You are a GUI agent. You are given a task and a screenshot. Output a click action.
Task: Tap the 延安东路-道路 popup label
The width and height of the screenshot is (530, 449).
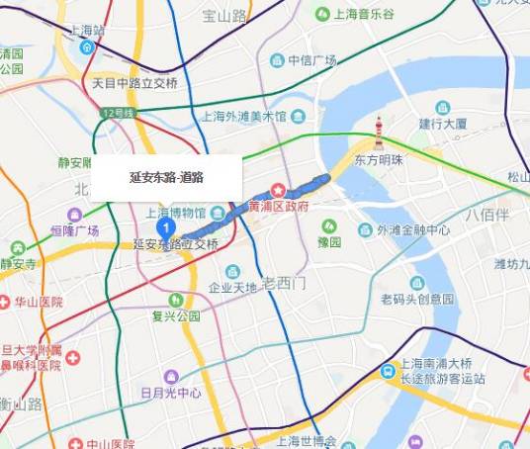pos(166,178)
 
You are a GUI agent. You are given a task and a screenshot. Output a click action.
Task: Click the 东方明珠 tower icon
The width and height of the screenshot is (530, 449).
pos(379,135)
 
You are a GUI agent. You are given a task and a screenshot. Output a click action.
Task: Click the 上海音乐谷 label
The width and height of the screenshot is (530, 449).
pos(361,14)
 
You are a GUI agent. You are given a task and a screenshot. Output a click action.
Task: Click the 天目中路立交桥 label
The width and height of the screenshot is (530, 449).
pos(134,83)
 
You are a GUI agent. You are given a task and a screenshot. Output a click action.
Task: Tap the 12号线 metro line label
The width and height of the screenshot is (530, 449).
pos(118,115)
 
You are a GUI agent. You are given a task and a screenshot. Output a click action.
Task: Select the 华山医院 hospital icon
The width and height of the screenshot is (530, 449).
pos(5,301)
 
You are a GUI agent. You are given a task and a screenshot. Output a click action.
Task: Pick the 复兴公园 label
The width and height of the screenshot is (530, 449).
pos(176,316)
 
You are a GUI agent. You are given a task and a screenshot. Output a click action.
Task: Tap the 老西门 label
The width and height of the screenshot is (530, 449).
pos(286,283)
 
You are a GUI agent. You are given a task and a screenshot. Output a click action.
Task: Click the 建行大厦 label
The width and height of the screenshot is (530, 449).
pos(442,124)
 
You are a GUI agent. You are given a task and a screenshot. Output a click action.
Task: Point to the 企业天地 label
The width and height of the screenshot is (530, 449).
pos(232,288)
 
